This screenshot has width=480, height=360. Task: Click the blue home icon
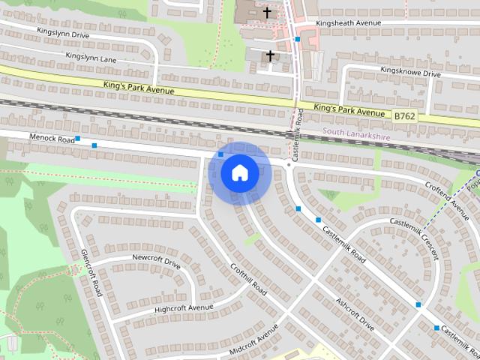click(239, 172)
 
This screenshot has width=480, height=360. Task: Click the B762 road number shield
click(403, 115)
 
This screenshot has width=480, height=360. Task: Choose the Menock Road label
click(52, 139)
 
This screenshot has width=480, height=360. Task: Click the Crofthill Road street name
click(248, 277)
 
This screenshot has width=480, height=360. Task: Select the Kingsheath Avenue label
click(349, 22)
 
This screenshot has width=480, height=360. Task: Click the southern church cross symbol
click(269, 55)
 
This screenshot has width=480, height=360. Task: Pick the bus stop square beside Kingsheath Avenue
click(298, 38)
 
